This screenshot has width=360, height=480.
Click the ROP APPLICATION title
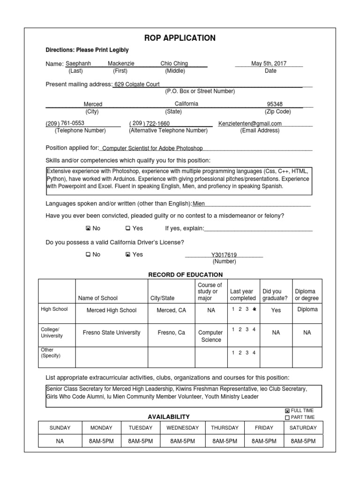click(x=180, y=38)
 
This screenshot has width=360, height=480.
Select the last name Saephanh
click(x=78, y=63)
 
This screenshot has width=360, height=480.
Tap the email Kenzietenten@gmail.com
click(x=250, y=124)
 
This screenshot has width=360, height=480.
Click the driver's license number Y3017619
click(x=224, y=255)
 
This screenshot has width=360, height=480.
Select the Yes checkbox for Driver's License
click(x=127, y=255)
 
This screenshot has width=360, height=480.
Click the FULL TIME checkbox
click(x=287, y=411)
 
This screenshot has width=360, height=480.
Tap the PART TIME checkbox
click(x=287, y=418)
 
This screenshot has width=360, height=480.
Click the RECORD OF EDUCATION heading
click(x=185, y=275)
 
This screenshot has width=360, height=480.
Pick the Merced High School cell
click(x=112, y=310)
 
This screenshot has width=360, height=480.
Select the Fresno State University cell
click(x=112, y=333)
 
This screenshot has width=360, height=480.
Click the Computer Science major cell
click(x=211, y=336)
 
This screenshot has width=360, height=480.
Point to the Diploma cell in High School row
click(x=307, y=309)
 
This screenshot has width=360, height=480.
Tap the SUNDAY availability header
click(x=60, y=427)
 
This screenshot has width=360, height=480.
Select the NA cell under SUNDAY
click(x=60, y=441)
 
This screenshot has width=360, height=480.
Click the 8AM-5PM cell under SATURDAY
click(x=303, y=441)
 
